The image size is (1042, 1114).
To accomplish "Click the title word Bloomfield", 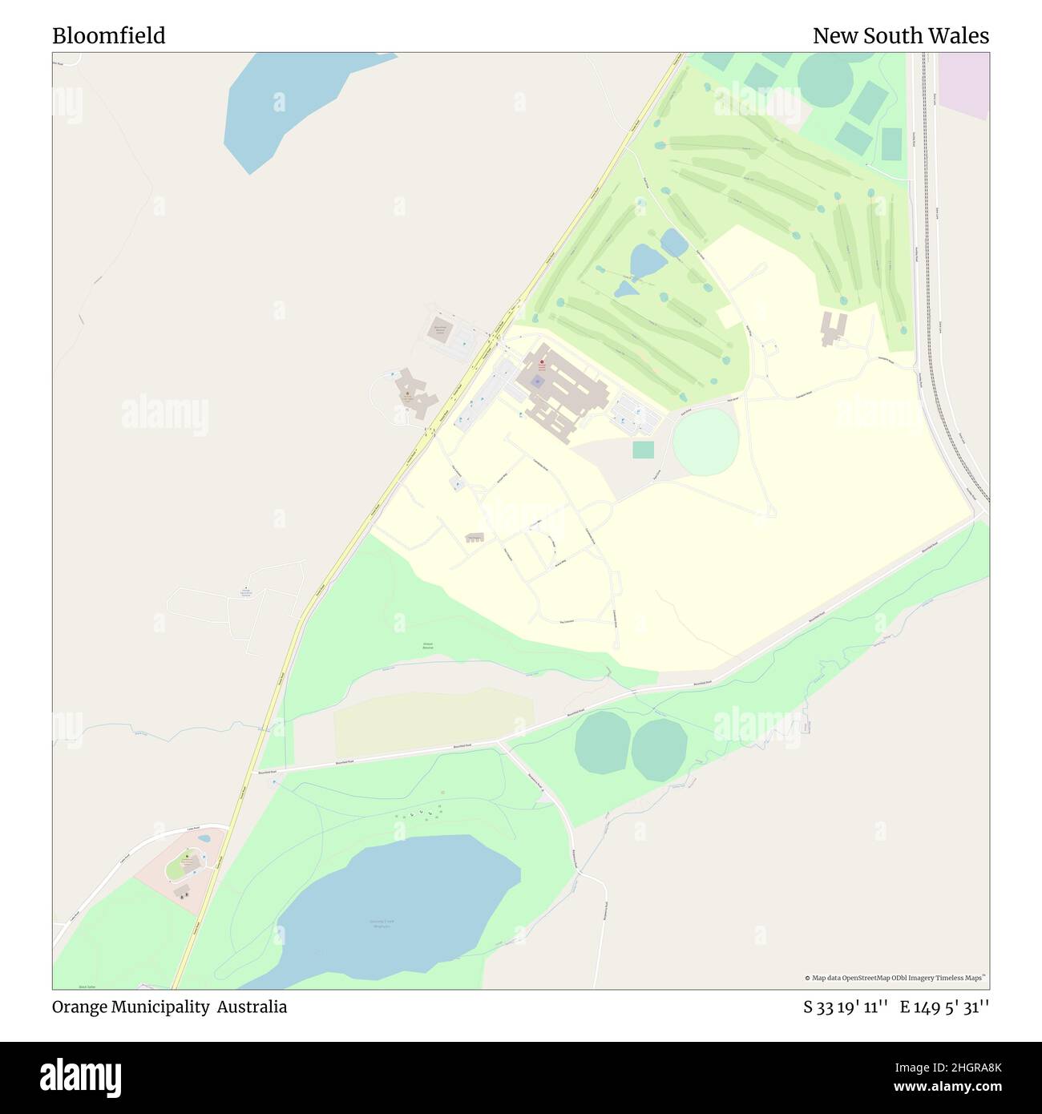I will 109,36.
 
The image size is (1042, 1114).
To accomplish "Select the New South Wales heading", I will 900,36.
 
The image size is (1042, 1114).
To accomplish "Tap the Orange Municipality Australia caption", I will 169,1007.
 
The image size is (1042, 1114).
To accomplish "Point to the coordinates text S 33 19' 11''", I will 845,1007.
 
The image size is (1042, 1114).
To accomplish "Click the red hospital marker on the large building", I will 541,362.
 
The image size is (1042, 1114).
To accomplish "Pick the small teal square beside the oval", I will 643,450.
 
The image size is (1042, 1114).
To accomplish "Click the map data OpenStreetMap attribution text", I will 895,978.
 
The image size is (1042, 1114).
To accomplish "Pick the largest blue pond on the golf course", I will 648,260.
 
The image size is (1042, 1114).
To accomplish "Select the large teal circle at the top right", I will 825,78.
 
